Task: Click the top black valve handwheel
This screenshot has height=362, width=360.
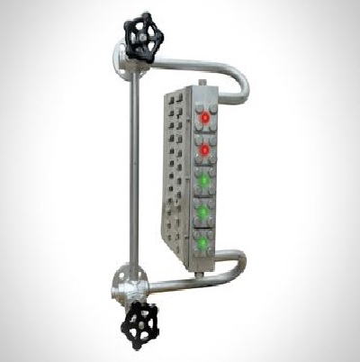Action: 142,36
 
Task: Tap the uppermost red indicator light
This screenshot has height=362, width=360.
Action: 205,117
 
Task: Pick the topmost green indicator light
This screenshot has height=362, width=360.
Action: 204,179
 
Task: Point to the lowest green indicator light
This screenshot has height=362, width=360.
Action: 202,243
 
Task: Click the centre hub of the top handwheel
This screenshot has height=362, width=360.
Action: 142,36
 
